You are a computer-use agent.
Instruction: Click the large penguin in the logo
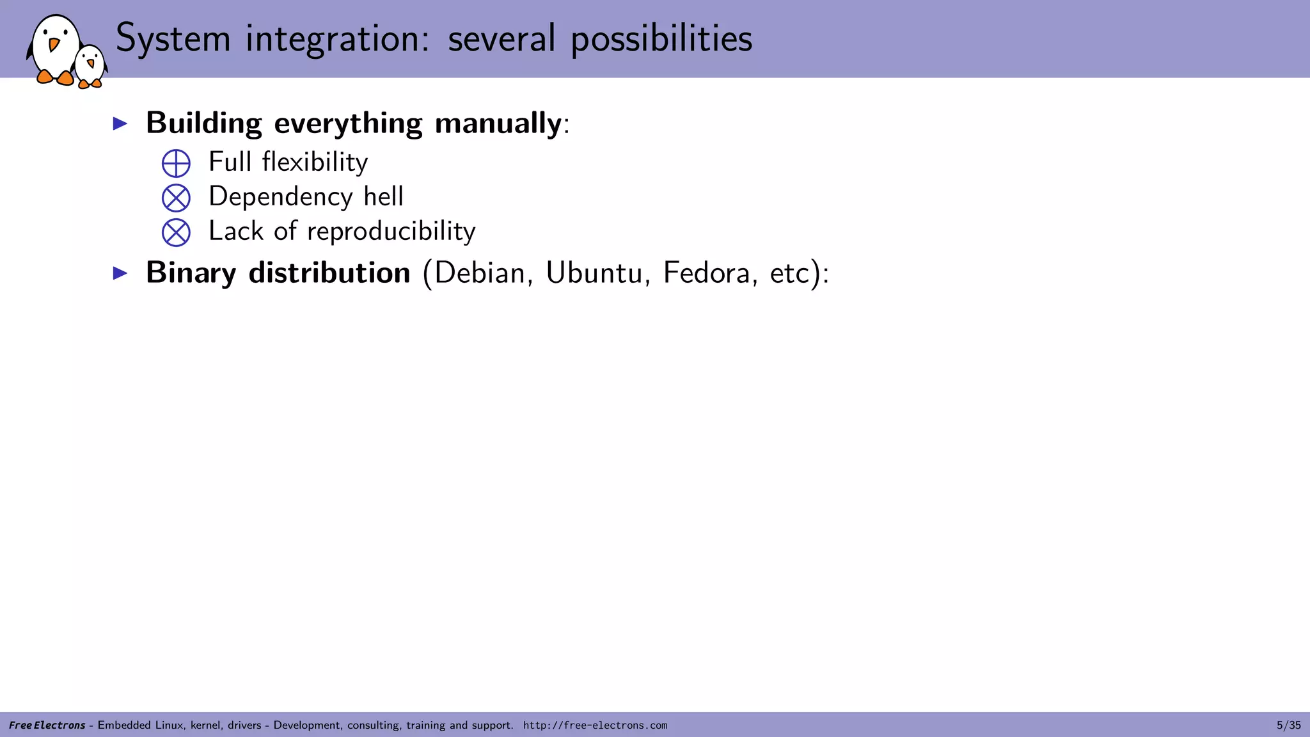56,50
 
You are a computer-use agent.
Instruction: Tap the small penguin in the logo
90,66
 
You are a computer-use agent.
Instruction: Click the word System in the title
173,38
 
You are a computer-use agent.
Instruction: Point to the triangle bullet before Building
120,123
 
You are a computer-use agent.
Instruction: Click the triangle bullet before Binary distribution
120,273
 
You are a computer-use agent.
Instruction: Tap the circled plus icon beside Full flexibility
176,163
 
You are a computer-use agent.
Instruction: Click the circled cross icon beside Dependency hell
176,198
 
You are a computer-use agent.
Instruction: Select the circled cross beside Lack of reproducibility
176,232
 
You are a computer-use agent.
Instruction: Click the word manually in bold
498,123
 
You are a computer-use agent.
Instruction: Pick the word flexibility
315,162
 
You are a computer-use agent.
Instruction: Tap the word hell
383,196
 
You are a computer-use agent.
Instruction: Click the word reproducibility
391,232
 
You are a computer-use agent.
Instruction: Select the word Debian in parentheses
480,273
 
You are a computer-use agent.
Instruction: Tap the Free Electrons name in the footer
47,725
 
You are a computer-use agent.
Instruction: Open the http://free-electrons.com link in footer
595,725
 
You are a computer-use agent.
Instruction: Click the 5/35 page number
1288,725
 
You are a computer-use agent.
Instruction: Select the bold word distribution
329,273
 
